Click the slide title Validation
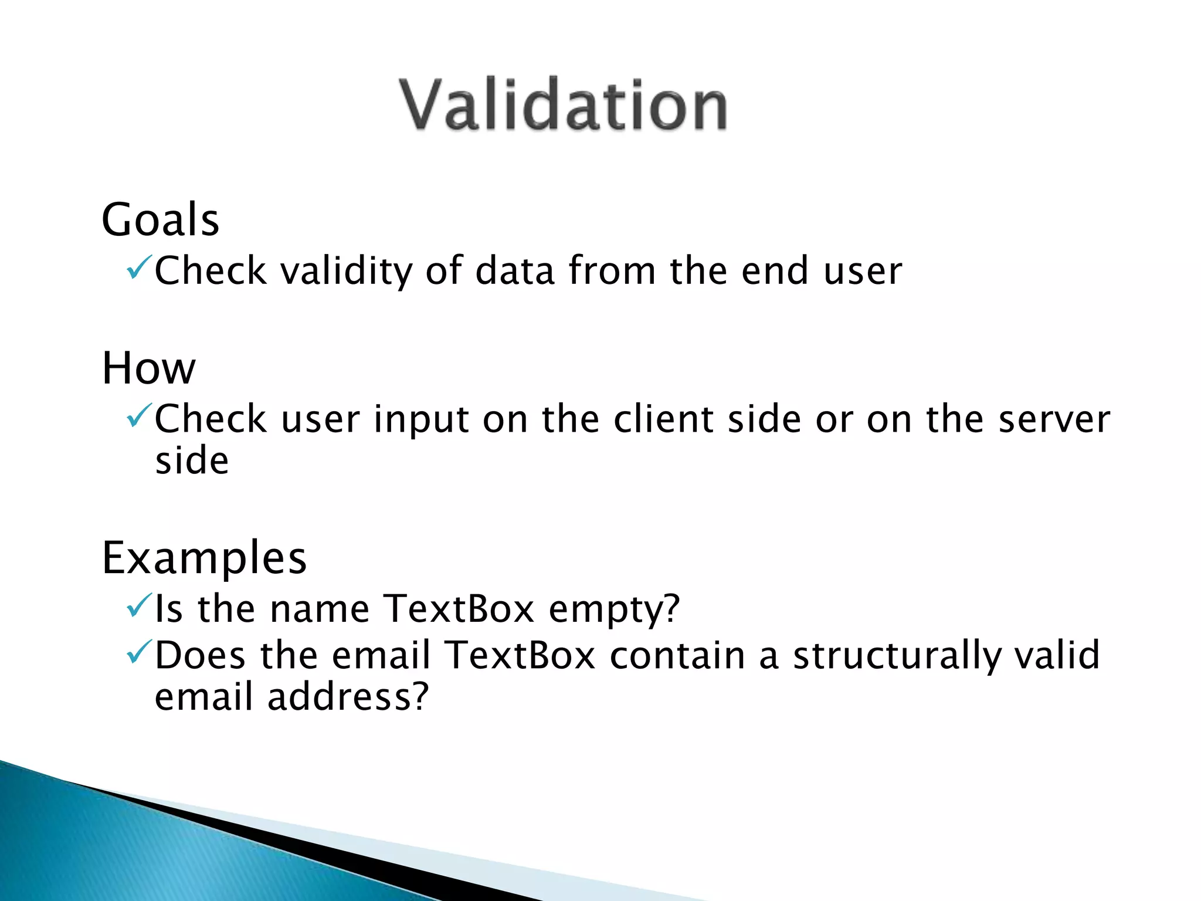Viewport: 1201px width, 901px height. pyautogui.click(x=563, y=106)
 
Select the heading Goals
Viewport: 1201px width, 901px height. pyautogui.click(x=160, y=219)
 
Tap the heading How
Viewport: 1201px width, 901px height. pyautogui.click(x=148, y=368)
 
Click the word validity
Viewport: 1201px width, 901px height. pyautogui.click(x=347, y=271)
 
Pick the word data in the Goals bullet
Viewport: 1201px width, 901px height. pyautogui.click(x=515, y=271)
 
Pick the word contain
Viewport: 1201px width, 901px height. pyautogui.click(x=677, y=655)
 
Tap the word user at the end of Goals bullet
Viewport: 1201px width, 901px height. pyautogui.click(x=863, y=272)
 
